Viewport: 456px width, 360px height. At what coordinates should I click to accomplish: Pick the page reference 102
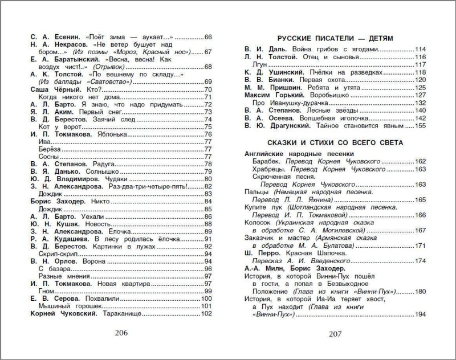click(206, 314)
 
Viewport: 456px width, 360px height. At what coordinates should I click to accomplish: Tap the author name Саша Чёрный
click(48, 90)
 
